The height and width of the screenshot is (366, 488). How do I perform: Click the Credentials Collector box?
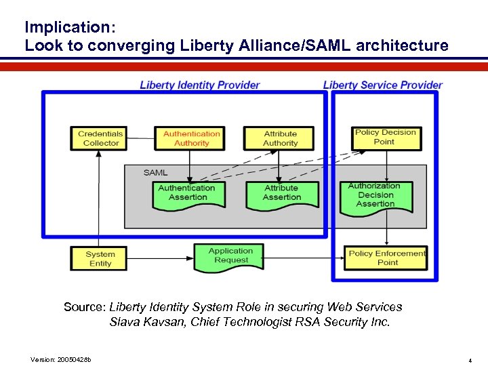tap(100, 138)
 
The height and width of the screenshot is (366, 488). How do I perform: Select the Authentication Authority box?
tap(191, 138)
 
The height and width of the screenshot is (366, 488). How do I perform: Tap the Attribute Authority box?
tap(280, 138)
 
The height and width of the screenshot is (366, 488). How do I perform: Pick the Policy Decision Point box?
tap(384, 138)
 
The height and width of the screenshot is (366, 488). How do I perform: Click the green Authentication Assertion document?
tap(187, 193)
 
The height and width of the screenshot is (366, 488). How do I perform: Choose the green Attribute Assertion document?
tap(281, 193)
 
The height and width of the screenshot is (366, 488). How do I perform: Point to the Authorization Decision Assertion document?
tap(375, 195)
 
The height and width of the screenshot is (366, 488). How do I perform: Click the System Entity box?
tap(100, 259)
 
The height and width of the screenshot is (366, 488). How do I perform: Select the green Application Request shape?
tap(230, 256)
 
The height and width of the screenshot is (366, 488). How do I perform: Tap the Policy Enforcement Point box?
tap(386, 258)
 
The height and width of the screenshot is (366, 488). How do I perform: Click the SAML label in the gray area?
tap(155, 173)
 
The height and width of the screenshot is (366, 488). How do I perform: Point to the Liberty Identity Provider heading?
tap(199, 85)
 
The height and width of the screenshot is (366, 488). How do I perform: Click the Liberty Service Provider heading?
tap(382, 85)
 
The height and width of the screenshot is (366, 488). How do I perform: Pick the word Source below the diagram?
tap(84, 307)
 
